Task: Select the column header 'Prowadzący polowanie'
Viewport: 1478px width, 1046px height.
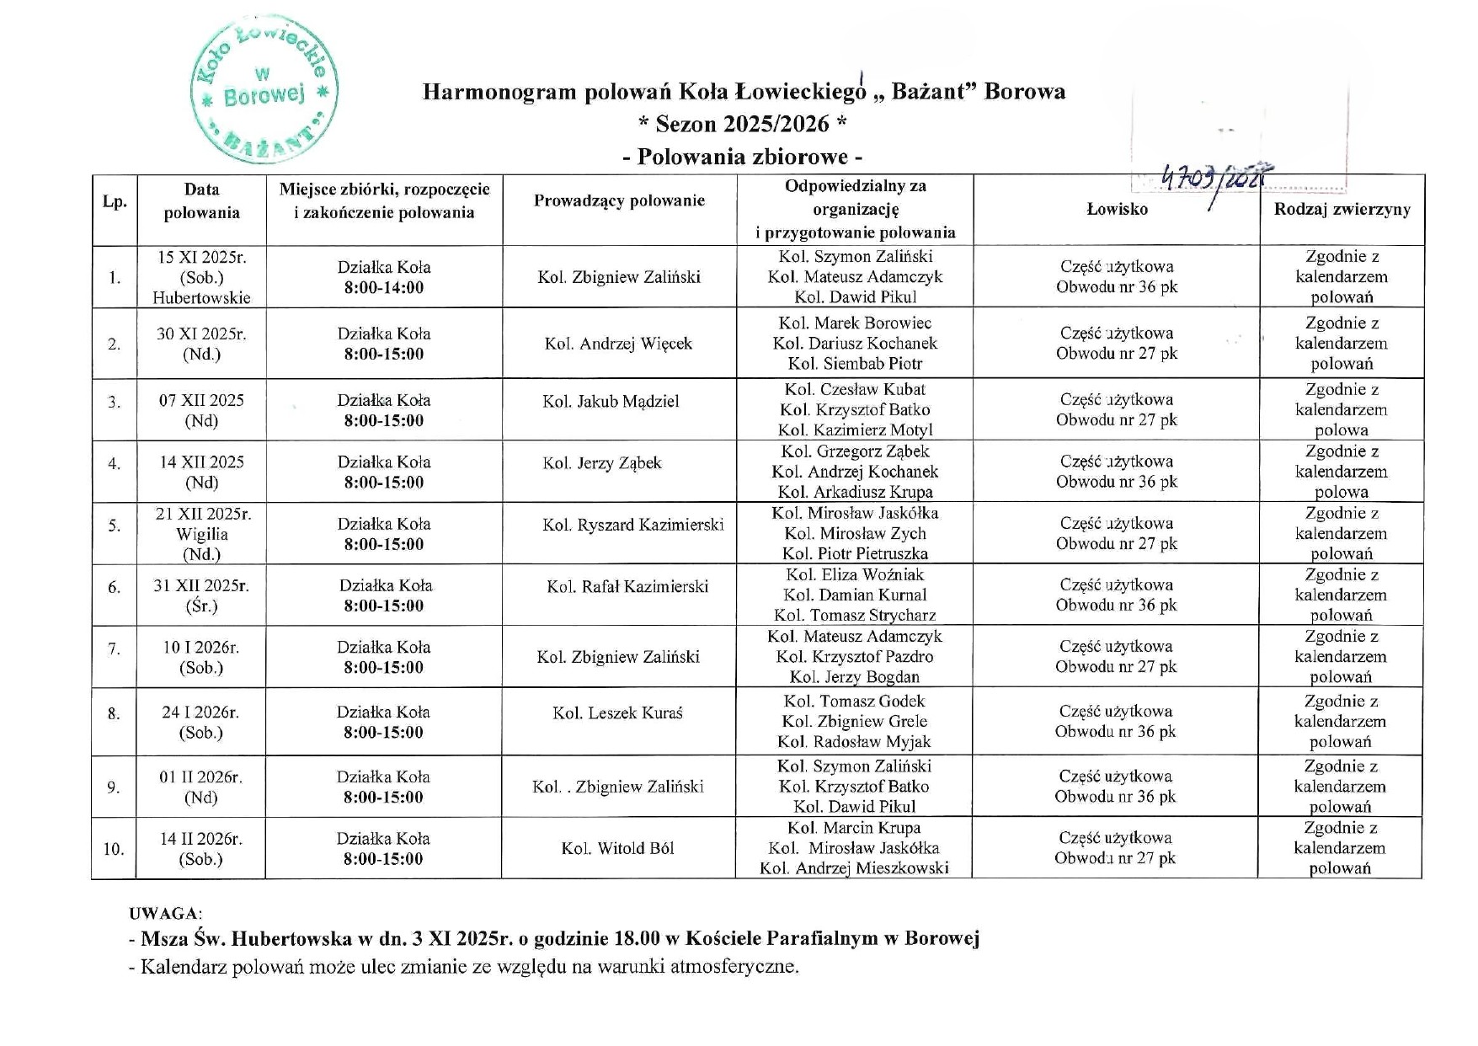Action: (619, 200)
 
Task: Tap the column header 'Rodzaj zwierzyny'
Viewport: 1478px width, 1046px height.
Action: (1342, 210)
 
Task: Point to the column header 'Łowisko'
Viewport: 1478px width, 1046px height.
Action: (1117, 210)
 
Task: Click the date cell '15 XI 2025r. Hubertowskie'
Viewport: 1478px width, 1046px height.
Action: (201, 277)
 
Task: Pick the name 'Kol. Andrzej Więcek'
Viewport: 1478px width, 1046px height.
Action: (618, 344)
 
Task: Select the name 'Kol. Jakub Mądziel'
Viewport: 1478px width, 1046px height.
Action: (611, 402)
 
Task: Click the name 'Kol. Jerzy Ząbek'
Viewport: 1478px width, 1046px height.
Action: (602, 463)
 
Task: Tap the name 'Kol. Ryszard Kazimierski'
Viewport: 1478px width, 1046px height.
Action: (632, 525)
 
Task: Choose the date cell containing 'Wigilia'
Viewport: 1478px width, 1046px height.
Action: (202, 534)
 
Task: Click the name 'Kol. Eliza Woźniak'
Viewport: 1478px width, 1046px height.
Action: (855, 575)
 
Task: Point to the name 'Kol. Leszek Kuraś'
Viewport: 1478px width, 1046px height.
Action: (617, 713)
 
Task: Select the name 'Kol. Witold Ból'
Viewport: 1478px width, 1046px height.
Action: (617, 849)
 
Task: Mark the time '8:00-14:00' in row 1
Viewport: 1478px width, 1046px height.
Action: (384, 288)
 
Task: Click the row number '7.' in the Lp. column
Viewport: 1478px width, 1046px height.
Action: (114, 649)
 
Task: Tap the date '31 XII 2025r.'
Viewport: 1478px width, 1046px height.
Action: (201, 586)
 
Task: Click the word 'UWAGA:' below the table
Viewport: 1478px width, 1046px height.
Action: (165, 914)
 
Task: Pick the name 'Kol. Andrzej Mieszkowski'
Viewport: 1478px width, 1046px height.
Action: (854, 868)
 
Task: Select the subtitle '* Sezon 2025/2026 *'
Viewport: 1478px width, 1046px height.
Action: (742, 125)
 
